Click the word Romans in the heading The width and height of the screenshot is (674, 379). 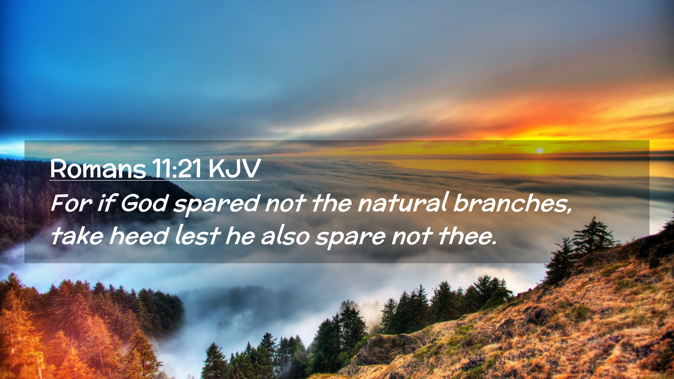(x=98, y=169)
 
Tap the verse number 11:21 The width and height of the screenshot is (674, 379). (x=177, y=169)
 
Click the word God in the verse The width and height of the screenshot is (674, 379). (x=144, y=203)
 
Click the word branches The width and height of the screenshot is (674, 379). (x=513, y=203)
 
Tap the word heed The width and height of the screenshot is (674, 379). (x=139, y=235)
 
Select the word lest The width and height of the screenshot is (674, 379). (x=198, y=235)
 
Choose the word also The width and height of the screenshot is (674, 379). (x=285, y=235)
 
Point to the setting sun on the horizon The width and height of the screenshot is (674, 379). (x=540, y=151)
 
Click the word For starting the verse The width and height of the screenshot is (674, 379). (x=72, y=203)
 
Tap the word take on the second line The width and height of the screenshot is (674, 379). (x=77, y=235)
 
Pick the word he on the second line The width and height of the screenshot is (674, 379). (x=240, y=235)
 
